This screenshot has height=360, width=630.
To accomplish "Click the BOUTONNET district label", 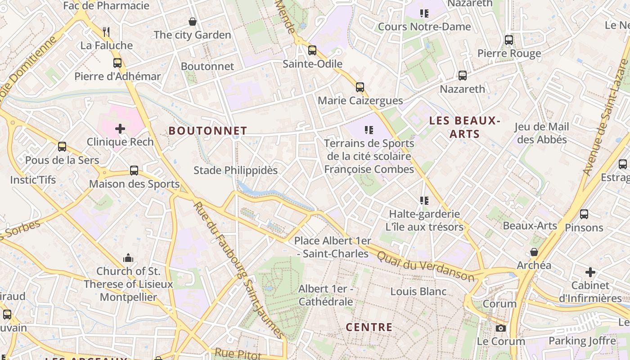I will (x=208, y=131).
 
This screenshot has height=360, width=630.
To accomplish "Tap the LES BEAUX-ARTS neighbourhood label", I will (x=464, y=127).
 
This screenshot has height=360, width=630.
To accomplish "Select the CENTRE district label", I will (x=369, y=327).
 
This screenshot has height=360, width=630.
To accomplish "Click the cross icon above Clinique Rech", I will (x=120, y=129).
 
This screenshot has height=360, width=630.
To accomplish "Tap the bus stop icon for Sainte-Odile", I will (x=312, y=50).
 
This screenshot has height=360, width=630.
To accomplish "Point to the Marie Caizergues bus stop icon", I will (x=360, y=87).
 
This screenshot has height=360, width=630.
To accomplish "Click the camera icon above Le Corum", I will (x=501, y=328).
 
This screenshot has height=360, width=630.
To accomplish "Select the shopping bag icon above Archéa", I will (x=534, y=252).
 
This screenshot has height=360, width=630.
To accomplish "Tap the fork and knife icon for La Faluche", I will (x=106, y=32).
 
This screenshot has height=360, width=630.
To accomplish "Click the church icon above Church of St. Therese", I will (x=128, y=258).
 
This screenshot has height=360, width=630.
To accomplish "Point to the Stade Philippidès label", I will (x=235, y=171).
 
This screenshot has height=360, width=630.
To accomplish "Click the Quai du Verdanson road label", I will (x=425, y=266).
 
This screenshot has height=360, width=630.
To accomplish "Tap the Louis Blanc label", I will (x=418, y=292).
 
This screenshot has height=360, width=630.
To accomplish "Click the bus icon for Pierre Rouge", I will (x=509, y=40).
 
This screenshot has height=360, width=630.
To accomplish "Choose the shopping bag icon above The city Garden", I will (x=193, y=21).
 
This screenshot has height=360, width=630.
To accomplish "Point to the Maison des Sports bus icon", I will (x=134, y=171).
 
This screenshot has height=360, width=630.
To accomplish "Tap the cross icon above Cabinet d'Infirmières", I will (x=590, y=272).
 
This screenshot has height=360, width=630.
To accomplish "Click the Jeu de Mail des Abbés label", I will (x=542, y=133).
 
